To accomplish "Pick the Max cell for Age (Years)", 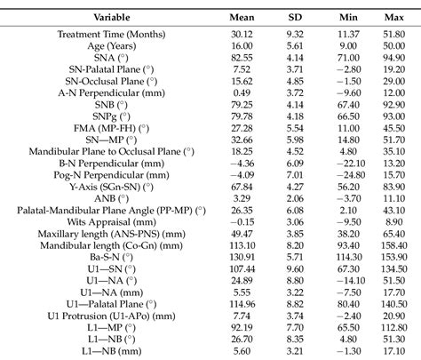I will click(386, 44).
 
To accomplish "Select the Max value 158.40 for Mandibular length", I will click(386, 245).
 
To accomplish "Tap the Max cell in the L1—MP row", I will click(386, 326).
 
